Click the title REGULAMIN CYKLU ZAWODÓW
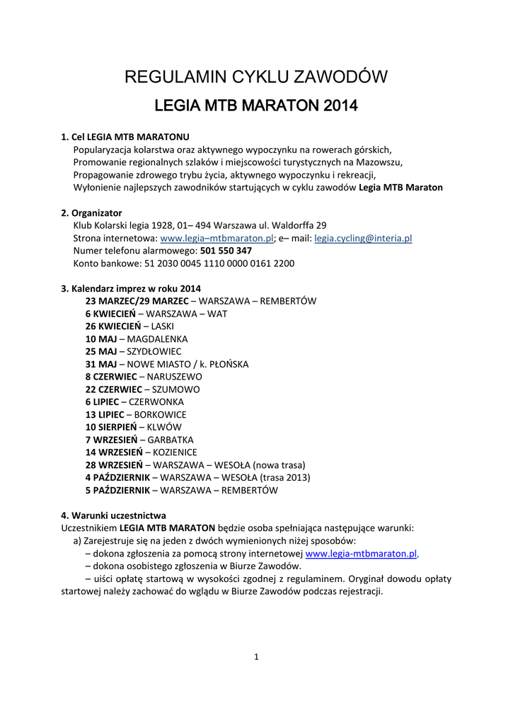(x=256, y=77)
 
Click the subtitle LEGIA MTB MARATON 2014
(x=256, y=107)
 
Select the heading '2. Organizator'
(x=91, y=213)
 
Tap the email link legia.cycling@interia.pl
(x=363, y=239)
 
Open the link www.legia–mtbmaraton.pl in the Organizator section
(x=217, y=239)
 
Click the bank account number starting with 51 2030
(x=219, y=263)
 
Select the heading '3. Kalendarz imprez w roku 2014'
(x=131, y=288)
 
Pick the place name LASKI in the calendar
(x=163, y=326)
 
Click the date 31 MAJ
(x=100, y=364)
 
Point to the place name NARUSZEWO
(x=174, y=377)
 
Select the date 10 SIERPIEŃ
(x=110, y=427)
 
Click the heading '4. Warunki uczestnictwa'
(x=114, y=515)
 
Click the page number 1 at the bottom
(x=256, y=656)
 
